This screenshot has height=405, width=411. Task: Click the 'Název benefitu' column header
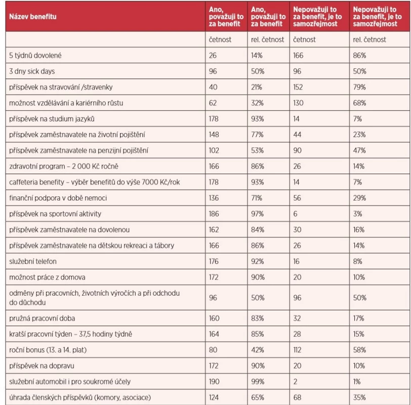pyautogui.click(x=33, y=17)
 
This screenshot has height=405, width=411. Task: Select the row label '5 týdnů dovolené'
pyautogui.click(x=35, y=56)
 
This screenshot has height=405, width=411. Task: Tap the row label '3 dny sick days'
pyautogui.click(x=32, y=71)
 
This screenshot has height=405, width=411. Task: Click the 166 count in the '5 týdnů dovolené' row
pyautogui.click(x=298, y=56)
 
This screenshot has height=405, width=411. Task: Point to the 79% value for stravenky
pyautogui.click(x=359, y=87)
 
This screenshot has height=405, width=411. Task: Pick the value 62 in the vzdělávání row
pyautogui.click(x=213, y=103)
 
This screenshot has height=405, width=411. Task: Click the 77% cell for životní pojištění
pyautogui.click(x=257, y=135)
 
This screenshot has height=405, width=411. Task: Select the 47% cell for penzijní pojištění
pyautogui.click(x=359, y=150)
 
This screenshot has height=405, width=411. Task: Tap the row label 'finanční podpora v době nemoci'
pyautogui.click(x=58, y=198)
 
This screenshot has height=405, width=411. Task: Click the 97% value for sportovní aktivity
pyautogui.click(x=257, y=214)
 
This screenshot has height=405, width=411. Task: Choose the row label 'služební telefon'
pyautogui.click(x=33, y=261)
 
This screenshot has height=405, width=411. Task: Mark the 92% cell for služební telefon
pyautogui.click(x=258, y=261)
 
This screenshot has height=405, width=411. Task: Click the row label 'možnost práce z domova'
pyautogui.click(x=47, y=277)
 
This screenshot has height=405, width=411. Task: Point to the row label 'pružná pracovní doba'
pyautogui.click(x=42, y=318)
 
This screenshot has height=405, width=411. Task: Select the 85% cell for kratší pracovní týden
pyautogui.click(x=258, y=334)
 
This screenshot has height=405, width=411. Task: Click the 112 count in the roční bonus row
pyautogui.click(x=297, y=350)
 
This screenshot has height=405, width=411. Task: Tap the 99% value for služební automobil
pyautogui.click(x=258, y=382)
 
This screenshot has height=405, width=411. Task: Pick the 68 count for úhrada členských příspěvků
pyautogui.click(x=297, y=398)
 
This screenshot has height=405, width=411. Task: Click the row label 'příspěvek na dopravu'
pyautogui.click(x=42, y=366)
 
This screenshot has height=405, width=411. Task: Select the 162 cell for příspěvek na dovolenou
pyautogui.click(x=214, y=230)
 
